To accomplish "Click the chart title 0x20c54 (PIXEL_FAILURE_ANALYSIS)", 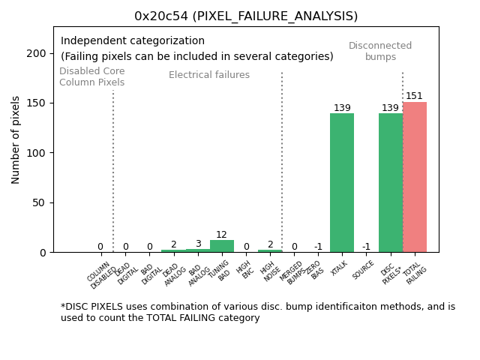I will pos(246,16).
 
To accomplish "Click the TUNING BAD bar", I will pos(221,246).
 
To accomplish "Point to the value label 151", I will pos(414,96).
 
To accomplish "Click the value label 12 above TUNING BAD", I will pos(221,235).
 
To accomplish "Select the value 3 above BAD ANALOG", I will pos(197,244).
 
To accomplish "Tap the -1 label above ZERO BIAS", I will pos(318,247).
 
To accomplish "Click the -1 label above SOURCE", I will pos(366,247).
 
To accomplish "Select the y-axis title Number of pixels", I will pos(16,139).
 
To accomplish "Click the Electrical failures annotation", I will pos(209,75).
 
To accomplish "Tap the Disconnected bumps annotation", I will pos(380,51).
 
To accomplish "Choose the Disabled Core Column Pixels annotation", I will pos(92,76).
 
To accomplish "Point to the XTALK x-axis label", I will pos(339,268).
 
